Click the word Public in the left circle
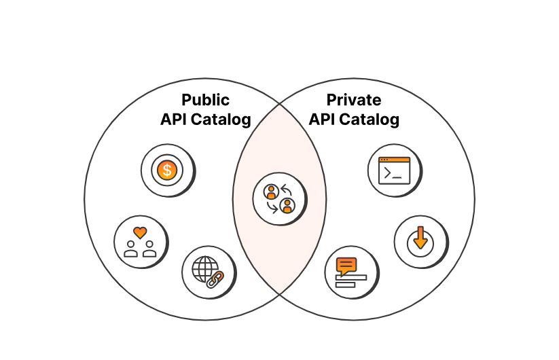[206, 101]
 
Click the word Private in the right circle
[354, 101]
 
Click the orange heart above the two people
[140, 232]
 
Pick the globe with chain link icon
[208, 270]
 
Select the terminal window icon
[394, 170]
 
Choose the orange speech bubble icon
[346, 264]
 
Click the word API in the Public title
[174, 120]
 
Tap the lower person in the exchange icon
[287, 205]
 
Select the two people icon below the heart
[140, 250]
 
